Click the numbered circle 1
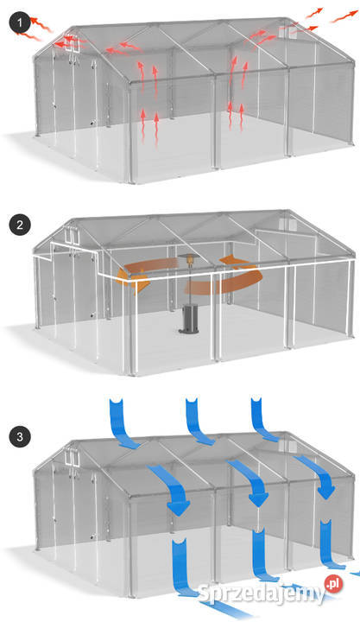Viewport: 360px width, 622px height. pos(20,23)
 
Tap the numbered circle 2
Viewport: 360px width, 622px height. pos(20,225)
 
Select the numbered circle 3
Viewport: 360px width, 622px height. pos(20,437)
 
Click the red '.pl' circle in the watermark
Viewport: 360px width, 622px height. pos(333,583)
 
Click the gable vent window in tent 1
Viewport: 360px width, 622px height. pos(73,43)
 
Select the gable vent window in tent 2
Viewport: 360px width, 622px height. pos(73,236)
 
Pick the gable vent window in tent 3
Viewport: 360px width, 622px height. pos(73,457)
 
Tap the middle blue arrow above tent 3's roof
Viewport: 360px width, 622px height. pos(199,422)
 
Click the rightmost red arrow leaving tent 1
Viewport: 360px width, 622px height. pos(344,16)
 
